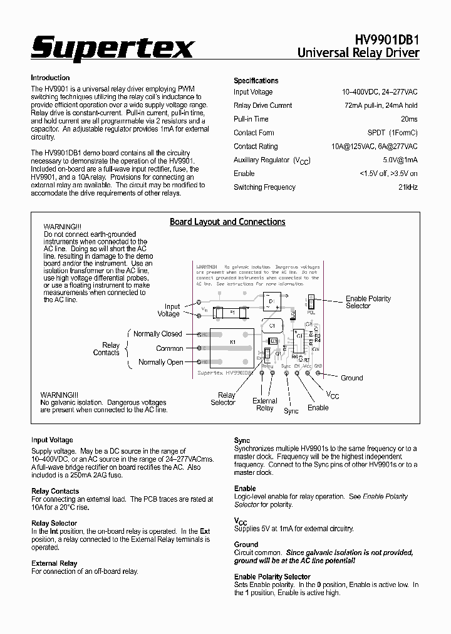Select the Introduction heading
coord(50,78)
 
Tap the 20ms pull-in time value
coord(409,119)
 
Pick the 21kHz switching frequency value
coord(408,187)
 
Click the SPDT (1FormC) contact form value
coord(392,133)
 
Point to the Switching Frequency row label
coord(264,187)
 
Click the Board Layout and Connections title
coord(227,222)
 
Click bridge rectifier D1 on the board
coord(271,304)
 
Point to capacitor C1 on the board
coord(272,326)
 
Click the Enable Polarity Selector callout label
coord(368,302)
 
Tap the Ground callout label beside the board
coord(351,378)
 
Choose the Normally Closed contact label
coord(158,334)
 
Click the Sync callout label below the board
coord(291,411)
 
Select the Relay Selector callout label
coord(223,399)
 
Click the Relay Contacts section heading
coord(55,491)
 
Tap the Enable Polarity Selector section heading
coord(272,576)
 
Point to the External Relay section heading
coord(54,563)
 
